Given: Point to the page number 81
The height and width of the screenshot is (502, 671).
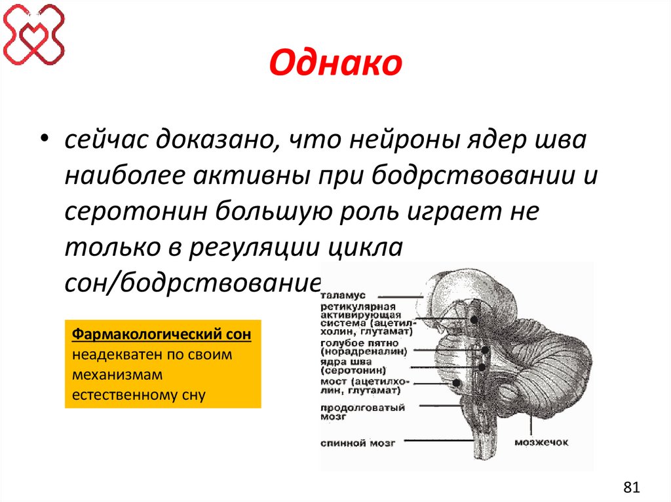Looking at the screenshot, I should click(631, 487).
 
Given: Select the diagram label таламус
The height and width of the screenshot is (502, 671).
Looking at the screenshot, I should click(343, 296).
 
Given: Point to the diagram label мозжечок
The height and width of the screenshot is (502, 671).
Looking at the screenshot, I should click(541, 442).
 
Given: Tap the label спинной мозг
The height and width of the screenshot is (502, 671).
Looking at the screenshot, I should click(357, 443).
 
